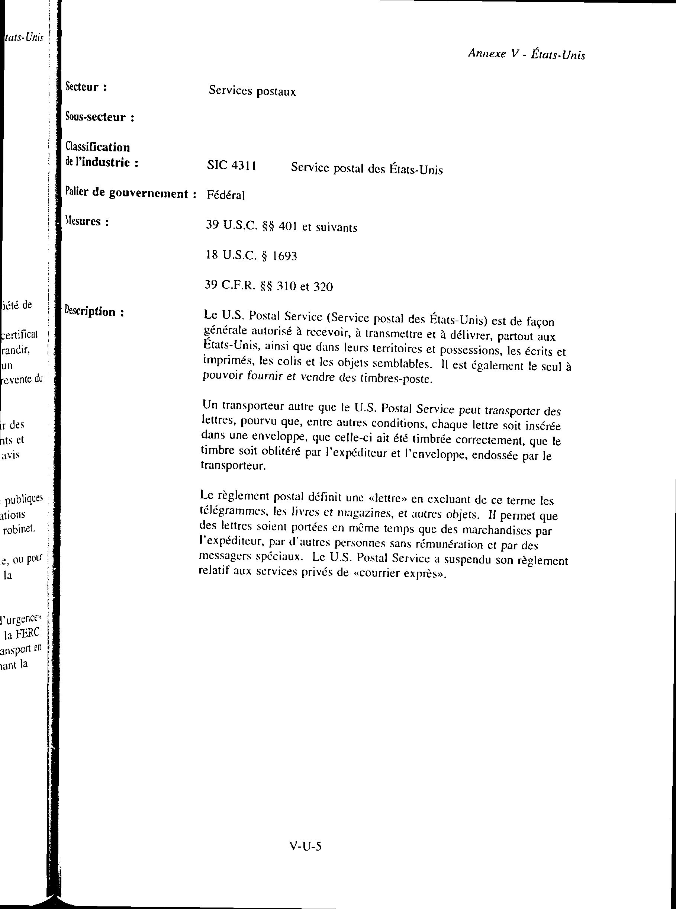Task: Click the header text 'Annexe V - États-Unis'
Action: point(526,54)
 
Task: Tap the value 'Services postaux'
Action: point(252,91)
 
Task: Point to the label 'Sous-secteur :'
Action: point(100,118)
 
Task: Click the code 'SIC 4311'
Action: point(232,166)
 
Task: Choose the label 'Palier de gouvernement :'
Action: point(131,193)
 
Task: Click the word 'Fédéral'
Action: point(225,195)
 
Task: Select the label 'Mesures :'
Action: point(87,222)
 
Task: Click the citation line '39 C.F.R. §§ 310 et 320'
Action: point(268,286)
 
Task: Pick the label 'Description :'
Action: point(94,312)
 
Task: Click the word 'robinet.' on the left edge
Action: point(19,530)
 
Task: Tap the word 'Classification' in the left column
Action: point(98,147)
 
